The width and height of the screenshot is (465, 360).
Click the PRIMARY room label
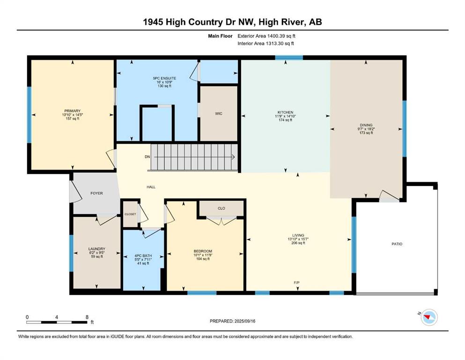point(73,111)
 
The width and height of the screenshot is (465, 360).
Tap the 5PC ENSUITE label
point(164,78)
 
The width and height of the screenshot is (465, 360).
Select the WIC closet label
point(219,113)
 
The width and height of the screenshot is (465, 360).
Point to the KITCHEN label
point(285,112)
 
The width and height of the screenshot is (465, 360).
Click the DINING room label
point(366,125)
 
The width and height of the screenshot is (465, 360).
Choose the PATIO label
point(397,244)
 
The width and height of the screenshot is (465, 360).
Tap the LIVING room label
point(298,235)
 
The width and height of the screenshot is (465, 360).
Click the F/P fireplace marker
point(296,283)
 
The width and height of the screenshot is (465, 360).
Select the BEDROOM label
point(203,251)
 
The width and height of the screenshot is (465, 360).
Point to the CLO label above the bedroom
point(221,208)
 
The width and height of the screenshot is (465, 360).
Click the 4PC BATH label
point(143,256)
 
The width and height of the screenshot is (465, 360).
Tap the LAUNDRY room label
point(96,249)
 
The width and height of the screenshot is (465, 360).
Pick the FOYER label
point(96,193)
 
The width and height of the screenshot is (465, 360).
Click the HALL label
point(151,187)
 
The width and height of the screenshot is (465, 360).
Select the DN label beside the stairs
point(148,157)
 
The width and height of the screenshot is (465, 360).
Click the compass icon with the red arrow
point(429,317)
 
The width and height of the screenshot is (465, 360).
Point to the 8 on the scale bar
point(87,317)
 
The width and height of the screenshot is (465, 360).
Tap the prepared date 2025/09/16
point(244,321)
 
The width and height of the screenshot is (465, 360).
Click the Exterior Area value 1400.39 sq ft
point(281,36)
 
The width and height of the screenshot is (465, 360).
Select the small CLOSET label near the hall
point(130,214)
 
